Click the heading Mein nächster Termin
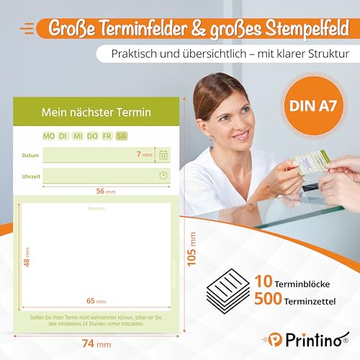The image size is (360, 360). pos(94,113)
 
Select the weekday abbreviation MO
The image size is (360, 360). pos(49,135)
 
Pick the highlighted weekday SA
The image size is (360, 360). pos(121,135)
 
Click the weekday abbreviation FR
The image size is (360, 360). pos(107,135)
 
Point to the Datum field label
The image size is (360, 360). pos(30,155)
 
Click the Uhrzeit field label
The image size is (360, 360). pos(31,176)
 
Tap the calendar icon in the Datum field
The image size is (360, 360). pos(163,155)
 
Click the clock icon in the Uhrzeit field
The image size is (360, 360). pos(163,175)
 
